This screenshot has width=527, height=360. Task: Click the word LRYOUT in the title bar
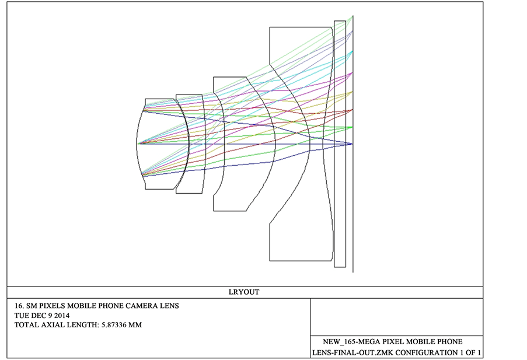(244, 292)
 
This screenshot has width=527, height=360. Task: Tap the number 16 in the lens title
(18, 306)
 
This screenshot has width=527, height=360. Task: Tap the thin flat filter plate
(340, 144)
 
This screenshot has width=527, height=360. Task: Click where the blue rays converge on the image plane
(352, 144)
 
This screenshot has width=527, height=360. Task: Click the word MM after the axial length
(135, 325)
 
